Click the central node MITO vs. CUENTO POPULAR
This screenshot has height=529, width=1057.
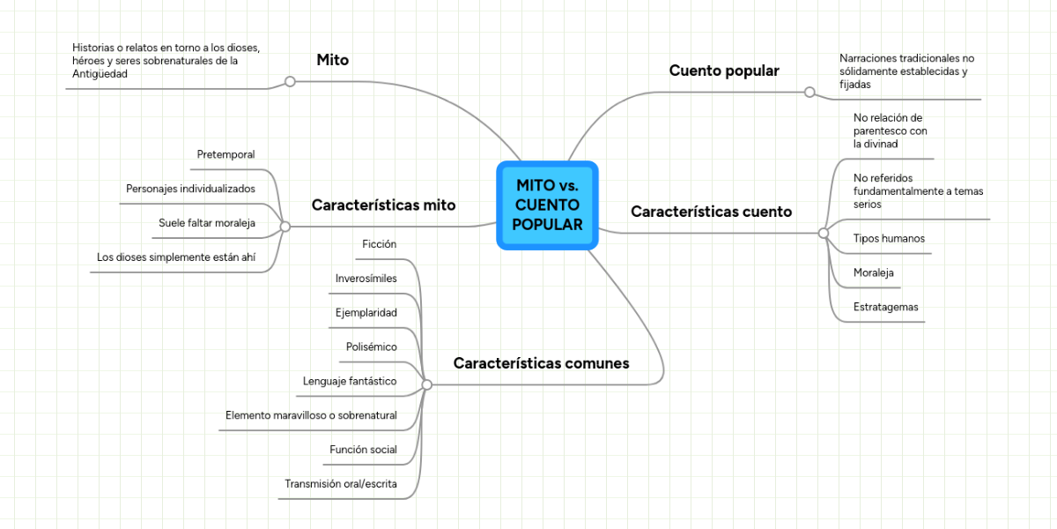(547, 205)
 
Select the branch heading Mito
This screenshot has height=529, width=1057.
(332, 61)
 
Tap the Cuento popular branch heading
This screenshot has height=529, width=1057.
(724, 71)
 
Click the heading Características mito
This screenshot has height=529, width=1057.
(383, 205)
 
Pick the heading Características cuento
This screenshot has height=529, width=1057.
(711, 212)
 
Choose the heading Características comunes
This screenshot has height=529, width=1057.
(541, 363)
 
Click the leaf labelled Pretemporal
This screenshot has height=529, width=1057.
(226, 154)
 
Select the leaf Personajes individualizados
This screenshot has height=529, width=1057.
(190, 189)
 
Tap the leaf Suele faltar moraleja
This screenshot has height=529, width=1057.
(207, 223)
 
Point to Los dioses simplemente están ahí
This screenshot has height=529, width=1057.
(175, 257)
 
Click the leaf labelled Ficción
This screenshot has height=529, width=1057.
(380, 244)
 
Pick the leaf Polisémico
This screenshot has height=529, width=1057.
(372, 346)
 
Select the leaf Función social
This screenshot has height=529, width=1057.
(363, 450)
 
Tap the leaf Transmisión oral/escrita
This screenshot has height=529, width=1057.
(341, 484)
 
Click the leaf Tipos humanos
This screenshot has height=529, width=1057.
(889, 238)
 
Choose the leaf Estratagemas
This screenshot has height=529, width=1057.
(886, 307)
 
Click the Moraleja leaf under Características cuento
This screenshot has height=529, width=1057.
(874, 272)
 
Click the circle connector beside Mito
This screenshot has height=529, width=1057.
(290, 81)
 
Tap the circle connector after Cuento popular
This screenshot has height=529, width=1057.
(809, 92)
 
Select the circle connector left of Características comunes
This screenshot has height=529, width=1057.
(427, 384)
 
